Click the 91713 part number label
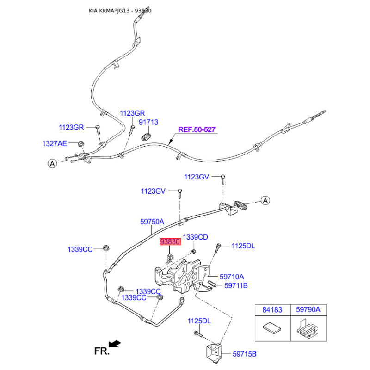tap(149, 122)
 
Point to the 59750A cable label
tap(152, 222)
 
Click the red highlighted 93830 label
tap(170, 242)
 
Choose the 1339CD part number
tap(195, 237)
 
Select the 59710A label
tap(232, 277)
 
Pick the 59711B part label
tap(236, 286)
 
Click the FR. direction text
tap(102, 351)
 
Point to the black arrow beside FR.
tap(116, 343)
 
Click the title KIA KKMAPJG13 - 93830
tap(120, 10)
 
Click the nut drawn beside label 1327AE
tap(80, 143)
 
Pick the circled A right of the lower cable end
tap(265, 200)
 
